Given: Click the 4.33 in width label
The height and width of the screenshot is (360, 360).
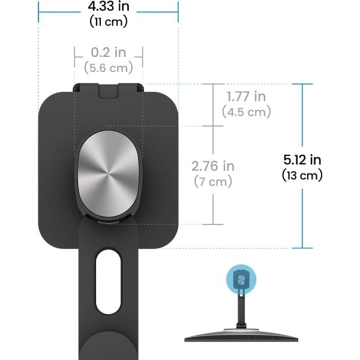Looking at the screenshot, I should (108, 8).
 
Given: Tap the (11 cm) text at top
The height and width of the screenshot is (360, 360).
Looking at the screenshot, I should (108, 22).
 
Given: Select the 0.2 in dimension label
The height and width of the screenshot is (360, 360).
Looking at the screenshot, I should (108, 53).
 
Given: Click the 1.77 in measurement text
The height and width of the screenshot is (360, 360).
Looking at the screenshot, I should (246, 97).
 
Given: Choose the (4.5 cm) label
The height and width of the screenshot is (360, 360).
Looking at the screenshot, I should (246, 112).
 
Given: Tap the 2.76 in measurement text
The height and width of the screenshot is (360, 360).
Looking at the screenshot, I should (212, 166).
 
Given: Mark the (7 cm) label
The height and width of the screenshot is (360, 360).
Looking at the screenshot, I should (212, 181).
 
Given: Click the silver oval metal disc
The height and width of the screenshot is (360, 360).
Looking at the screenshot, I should (109, 176).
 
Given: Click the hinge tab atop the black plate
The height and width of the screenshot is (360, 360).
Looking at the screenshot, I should (108, 89).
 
